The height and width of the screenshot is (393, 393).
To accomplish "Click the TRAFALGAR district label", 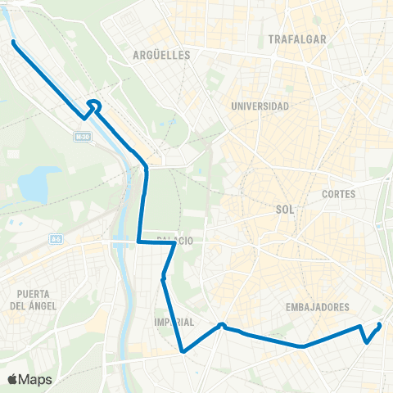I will click(297, 38).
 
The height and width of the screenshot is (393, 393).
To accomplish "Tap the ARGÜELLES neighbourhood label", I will click(160, 55).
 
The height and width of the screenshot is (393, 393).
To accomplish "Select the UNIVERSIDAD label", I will click(260, 106).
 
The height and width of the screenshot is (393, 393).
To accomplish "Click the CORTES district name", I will click(339, 194).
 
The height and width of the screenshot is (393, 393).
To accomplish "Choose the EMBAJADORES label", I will click(318, 307).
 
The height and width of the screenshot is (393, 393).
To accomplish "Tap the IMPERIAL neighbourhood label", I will click(174, 322).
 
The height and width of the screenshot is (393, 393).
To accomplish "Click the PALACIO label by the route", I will click(175, 241).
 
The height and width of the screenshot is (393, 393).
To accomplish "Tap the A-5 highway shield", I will click(56, 238).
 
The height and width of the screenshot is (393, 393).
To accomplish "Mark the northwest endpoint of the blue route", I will click(14, 41).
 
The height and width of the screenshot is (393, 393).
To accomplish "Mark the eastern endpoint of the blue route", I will click(380, 325).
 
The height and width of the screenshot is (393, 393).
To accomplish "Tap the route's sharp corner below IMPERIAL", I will click(183, 352).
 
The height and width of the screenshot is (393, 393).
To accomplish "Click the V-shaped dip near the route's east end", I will click(366, 341).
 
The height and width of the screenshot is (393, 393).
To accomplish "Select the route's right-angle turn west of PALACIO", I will click(138, 242).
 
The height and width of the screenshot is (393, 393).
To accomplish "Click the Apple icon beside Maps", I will click(13, 379).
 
